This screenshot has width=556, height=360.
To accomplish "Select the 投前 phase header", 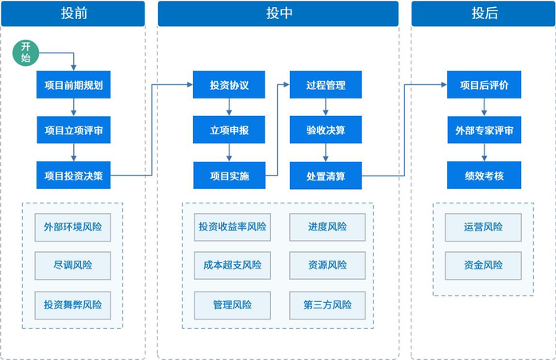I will pos(73,14).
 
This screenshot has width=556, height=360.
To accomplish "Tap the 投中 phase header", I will pos(277,14).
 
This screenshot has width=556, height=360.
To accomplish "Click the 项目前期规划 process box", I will pos(73,84).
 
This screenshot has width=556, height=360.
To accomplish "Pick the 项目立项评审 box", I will pos(73,130).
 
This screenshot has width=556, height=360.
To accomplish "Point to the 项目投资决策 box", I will pos(73,175).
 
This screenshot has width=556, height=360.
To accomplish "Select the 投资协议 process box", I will pos(229,84).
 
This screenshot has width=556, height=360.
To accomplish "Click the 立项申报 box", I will pos(229,130).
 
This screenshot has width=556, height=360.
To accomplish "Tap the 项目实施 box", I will pos(229,175).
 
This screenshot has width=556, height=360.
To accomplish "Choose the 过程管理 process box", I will pos(326,84).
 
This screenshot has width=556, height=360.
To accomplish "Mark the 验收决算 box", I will pos(326,130).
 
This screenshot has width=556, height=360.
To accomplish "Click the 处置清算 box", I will pos(326,175).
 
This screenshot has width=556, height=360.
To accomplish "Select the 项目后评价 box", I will pos(483,84).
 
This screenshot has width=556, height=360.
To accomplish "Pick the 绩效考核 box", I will pos(483,175).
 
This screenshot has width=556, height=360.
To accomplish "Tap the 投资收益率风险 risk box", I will pos(232,227).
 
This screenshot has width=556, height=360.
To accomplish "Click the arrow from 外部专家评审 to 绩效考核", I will pos(483,153).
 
